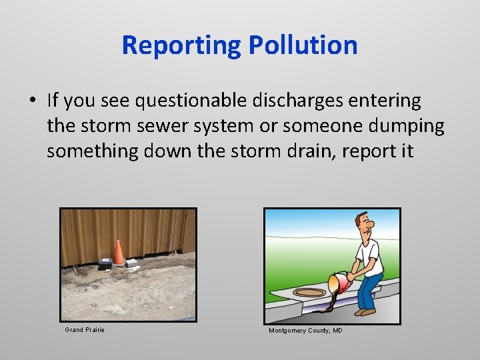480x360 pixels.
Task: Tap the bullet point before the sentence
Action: [33, 101]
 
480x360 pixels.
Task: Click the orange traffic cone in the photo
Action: [118, 253]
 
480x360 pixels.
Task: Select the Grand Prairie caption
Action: [85, 330]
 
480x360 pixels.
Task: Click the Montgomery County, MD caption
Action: [305, 331]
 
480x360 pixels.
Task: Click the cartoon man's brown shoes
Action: [365, 311]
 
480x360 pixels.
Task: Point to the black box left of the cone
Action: [105, 263]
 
